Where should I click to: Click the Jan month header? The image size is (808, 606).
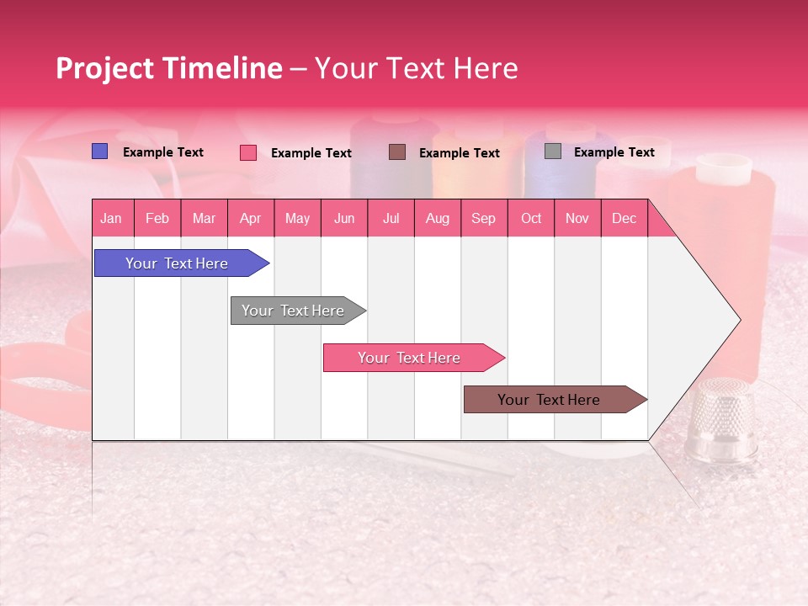(111, 218)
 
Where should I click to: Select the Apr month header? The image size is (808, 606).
(251, 218)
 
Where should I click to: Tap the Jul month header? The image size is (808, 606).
(391, 218)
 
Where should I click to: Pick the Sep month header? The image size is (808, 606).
(484, 218)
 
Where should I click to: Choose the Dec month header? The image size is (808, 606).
(624, 218)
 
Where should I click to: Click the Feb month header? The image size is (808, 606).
(157, 218)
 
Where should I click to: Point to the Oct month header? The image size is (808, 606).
(531, 218)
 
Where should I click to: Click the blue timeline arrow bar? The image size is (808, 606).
(177, 263)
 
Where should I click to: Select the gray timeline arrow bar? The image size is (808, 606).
(293, 311)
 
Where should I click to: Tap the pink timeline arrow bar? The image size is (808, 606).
(409, 358)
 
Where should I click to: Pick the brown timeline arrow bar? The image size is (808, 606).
(549, 400)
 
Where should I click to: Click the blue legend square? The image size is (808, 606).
(100, 151)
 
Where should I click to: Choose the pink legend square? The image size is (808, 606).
(248, 152)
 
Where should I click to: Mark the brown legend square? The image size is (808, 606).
(397, 151)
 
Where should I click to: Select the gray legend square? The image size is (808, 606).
(553, 151)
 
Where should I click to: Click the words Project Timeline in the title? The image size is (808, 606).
(169, 68)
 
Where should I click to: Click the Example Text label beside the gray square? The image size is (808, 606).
(614, 152)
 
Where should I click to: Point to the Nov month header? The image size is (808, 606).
(577, 218)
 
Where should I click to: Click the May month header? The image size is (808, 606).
(297, 218)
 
